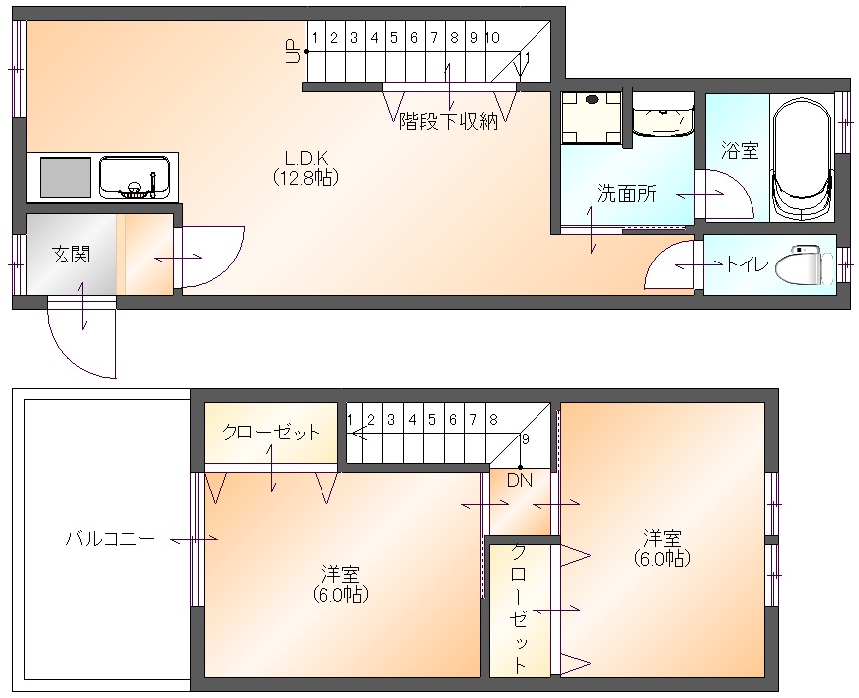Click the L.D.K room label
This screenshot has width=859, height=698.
307,159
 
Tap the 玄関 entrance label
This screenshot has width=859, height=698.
71,254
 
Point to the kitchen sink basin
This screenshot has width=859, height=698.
134,177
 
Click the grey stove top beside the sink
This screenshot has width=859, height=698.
65,177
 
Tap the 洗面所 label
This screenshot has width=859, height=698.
626,193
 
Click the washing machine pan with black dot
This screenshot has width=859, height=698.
591,117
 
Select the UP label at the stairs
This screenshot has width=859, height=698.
293,51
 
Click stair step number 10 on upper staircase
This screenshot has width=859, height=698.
492,37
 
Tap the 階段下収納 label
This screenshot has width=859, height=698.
448,121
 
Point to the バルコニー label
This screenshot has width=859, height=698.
110,539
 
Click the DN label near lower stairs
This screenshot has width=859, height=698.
519,480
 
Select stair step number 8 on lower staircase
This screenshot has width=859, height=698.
493,420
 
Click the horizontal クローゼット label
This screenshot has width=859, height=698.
271,433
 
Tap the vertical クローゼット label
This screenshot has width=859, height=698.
519,609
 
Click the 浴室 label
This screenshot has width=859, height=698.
740,150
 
